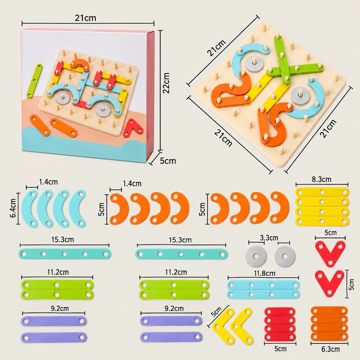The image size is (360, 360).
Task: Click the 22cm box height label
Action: [166, 83]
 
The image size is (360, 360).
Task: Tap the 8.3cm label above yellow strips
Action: [322, 179]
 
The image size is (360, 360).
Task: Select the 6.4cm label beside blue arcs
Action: [13, 208]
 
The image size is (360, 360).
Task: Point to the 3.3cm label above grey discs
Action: [269, 238]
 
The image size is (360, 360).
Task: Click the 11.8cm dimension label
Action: [265, 273]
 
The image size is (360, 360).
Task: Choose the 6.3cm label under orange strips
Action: [331, 349]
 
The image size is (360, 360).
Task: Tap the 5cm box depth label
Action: [168, 161]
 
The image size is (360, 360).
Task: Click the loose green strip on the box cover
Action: [34, 81]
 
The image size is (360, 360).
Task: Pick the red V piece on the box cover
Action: [133, 128]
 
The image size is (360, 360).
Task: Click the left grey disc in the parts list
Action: [256, 256]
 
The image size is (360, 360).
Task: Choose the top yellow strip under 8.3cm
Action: [322, 192]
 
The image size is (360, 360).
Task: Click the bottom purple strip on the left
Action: [54, 337]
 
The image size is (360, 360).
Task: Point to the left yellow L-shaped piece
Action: [222, 328]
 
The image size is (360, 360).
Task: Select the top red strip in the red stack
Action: [280, 312]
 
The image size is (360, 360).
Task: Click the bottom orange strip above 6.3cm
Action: [329, 337]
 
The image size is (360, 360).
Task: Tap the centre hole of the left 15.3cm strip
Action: [64, 254]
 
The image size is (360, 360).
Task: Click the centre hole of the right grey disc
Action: [285, 256]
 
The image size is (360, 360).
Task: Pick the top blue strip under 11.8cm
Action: [263, 285]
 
